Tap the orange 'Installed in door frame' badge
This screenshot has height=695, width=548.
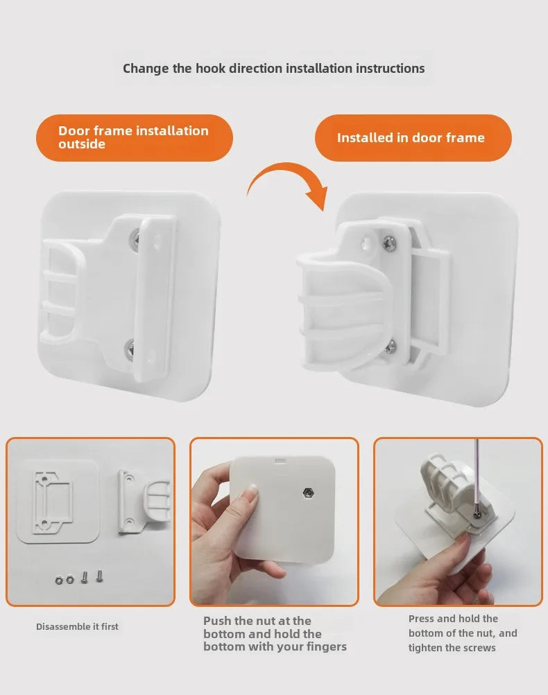tap(413, 138)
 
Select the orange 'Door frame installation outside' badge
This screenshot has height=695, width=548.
tap(135, 138)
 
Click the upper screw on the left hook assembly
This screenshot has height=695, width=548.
tap(136, 239)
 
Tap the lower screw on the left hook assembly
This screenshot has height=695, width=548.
tap(130, 347)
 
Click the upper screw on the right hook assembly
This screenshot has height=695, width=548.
tap(389, 243)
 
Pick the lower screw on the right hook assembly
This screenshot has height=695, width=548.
tap(390, 347)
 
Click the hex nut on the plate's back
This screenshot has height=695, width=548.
tap(307, 492)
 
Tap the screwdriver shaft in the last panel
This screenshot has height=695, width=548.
tap(477, 474)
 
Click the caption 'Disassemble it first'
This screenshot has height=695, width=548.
tap(77, 626)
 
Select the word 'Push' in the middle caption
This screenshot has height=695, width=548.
tap(217, 621)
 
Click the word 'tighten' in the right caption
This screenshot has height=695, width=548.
tap(425, 648)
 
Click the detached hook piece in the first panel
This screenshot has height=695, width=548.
tap(144, 501)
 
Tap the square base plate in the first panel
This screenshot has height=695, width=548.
tap(58, 501)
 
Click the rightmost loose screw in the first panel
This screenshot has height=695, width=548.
tap(99, 575)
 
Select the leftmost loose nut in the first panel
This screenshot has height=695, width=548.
tap(60, 580)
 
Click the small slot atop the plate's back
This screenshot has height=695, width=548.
tap(280, 461)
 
